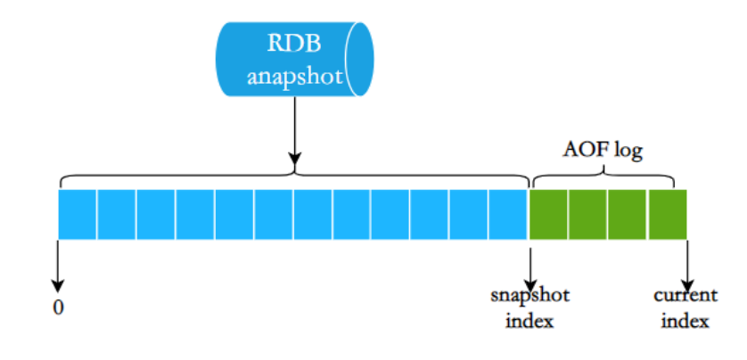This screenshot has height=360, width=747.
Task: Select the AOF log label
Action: pyautogui.click(x=603, y=150)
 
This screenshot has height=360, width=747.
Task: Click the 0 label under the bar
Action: pyautogui.click(x=59, y=307)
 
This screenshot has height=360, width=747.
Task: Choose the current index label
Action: pyautogui.click(x=685, y=307)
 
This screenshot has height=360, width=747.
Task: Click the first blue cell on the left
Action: pyautogui.click(x=78, y=214)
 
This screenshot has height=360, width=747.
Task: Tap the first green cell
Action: pyautogui.click(x=548, y=214)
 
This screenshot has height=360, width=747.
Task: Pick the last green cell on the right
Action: pyautogui.click(x=668, y=214)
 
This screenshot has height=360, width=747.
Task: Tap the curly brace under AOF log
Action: pyautogui.click(x=606, y=175)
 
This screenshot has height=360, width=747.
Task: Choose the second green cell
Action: pyautogui.click(x=588, y=214)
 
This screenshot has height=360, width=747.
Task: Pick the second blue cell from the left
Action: pyautogui.click(x=117, y=214)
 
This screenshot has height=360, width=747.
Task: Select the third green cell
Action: pyautogui.click(x=628, y=214)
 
